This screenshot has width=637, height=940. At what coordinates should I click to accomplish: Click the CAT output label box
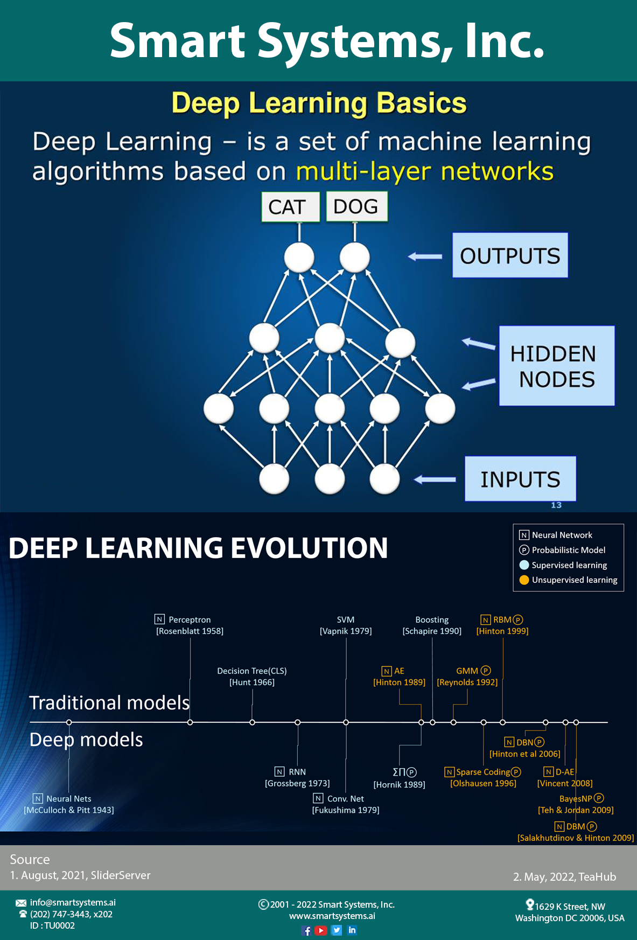coord(290,207)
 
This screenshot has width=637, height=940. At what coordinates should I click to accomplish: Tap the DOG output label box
coord(356,206)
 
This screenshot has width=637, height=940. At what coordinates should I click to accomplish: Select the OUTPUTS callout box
coord(510,255)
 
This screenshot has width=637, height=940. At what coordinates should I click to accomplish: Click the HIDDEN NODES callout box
coord(556,366)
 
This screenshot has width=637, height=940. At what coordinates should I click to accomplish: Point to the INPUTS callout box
coord(520,479)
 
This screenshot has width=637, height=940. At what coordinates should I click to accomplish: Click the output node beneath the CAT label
coord(299,257)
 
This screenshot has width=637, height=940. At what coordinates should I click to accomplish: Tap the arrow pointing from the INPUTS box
coord(435,479)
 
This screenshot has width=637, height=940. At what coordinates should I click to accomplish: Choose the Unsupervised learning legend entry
coord(569,580)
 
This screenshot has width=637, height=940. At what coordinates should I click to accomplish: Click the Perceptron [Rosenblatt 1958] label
coord(190,625)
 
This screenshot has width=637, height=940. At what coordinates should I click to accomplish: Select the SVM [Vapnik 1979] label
coord(346,625)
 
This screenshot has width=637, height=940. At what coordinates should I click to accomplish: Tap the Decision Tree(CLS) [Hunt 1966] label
coord(252,677)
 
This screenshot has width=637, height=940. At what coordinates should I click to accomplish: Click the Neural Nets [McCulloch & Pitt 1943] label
coord(69,804)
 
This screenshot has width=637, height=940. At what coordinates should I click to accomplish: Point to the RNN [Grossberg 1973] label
coord(297,777)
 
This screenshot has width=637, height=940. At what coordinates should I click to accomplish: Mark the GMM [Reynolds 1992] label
coord(467,677)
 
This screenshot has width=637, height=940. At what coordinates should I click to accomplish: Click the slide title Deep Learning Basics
coord(319,103)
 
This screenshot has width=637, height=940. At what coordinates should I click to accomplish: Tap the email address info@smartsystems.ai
coord(73,902)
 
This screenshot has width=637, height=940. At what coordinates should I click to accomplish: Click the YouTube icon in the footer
coord(321,930)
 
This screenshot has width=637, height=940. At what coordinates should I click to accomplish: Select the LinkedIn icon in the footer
coord(352,930)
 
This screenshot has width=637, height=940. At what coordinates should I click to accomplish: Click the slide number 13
coord(556,505)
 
